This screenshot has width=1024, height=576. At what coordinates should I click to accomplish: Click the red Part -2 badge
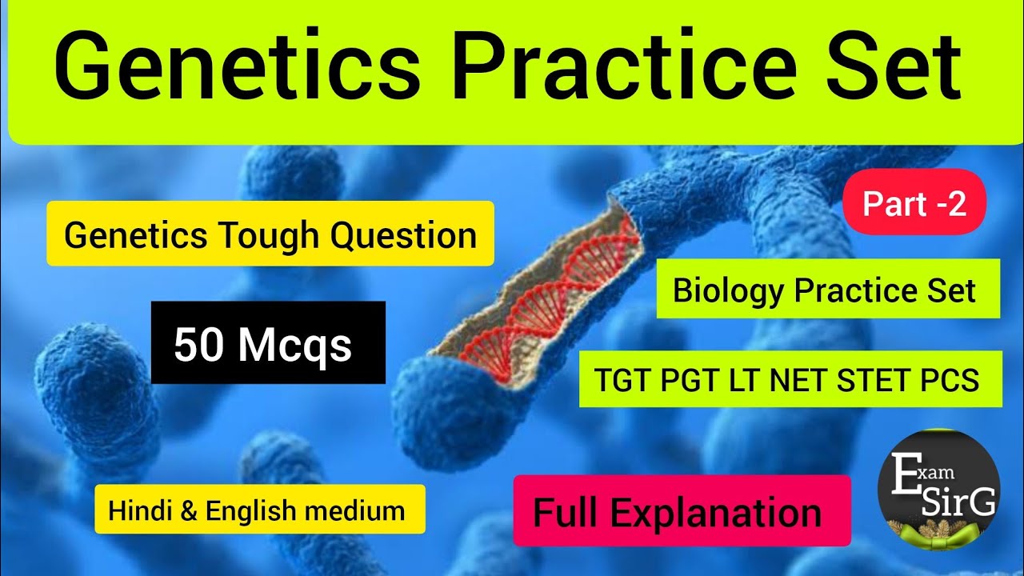point(914,206)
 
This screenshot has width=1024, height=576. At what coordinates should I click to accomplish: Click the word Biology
point(728,290)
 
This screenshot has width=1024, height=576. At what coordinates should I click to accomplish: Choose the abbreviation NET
point(799,381)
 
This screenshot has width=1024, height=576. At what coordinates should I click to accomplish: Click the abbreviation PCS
point(950,381)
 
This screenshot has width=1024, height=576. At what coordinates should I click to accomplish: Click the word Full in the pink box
point(564,512)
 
